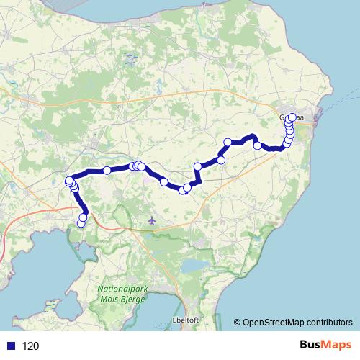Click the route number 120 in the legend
30,346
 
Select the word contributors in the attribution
330,323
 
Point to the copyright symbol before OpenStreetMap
238,323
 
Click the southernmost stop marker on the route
81,223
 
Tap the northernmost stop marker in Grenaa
292,118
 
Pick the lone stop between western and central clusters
107,171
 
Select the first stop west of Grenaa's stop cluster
257,146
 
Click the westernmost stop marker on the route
69,181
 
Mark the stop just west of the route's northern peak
228,142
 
